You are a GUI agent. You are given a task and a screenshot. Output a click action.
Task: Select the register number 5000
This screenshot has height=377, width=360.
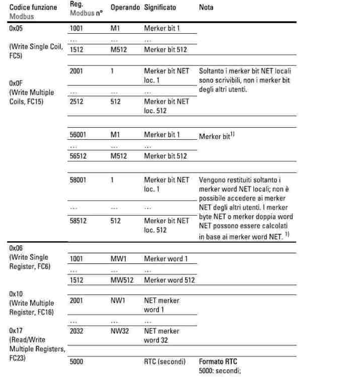(x=77, y=361)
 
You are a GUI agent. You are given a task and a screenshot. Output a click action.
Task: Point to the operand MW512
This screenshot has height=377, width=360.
(x=120, y=279)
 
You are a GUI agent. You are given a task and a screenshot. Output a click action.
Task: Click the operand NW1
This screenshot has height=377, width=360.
(x=117, y=301)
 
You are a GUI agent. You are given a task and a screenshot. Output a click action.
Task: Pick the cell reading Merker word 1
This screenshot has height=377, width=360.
(x=164, y=258)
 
